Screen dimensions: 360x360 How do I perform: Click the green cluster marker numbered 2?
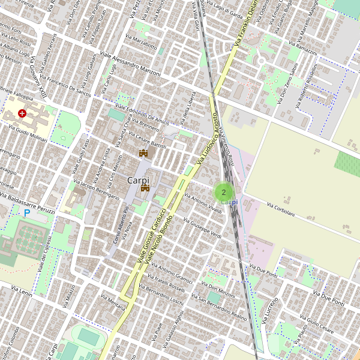[x=224, y=192]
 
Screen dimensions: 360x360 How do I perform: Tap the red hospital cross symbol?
[x=22, y=113]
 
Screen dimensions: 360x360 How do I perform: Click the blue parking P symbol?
[x=26, y=213]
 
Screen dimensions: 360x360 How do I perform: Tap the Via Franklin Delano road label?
[x=247, y=25]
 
